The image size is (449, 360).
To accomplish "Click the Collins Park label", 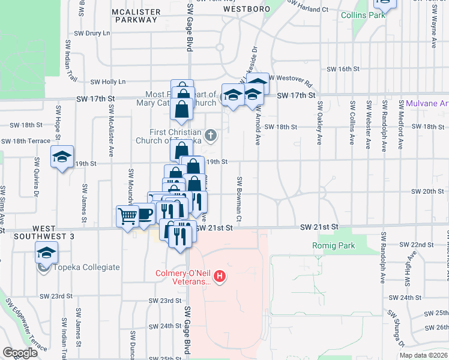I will click(x=363, y=15).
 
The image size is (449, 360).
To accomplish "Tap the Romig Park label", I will click(x=334, y=245).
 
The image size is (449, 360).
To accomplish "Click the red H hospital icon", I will click(x=220, y=277).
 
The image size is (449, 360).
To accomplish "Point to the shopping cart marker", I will click(x=128, y=215).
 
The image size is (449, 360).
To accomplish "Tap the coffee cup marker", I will click(x=145, y=214).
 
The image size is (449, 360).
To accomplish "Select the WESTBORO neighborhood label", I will click(x=244, y=10).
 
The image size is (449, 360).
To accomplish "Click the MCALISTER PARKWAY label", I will click(x=136, y=16).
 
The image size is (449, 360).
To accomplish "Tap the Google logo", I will click(x=20, y=353).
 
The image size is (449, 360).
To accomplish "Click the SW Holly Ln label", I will click(x=108, y=82).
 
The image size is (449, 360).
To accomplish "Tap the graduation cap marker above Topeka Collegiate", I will click(x=46, y=253).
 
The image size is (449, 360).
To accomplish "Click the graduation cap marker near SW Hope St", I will click(x=62, y=157).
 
